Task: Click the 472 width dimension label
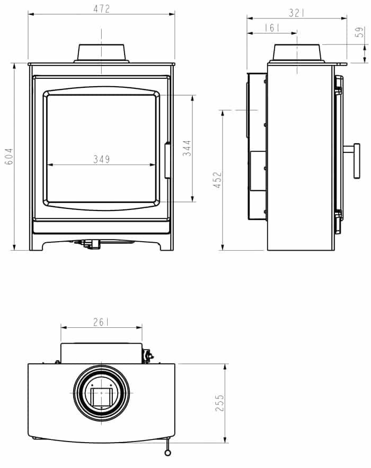[101, 8]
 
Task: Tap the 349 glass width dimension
[101, 159]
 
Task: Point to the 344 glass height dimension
[187, 149]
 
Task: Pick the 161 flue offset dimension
[271, 28]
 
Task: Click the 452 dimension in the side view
[218, 180]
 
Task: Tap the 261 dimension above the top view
[101, 322]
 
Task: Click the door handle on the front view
[169, 160]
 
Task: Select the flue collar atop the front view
[101, 53]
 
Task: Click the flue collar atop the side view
[297, 53]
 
